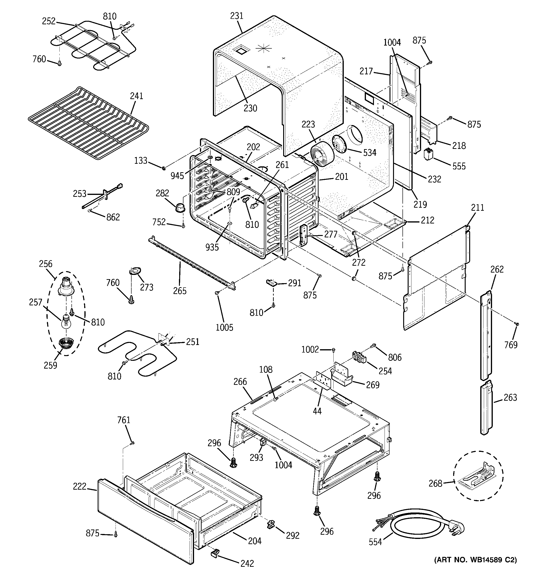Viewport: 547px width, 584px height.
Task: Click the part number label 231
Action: (237, 16)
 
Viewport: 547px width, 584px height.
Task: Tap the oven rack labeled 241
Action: (88, 123)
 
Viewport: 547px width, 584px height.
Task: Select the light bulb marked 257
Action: (66, 322)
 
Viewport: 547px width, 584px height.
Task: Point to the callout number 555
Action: (459, 166)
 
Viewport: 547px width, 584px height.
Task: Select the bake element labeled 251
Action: (138, 353)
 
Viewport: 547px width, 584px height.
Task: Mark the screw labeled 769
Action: (517, 324)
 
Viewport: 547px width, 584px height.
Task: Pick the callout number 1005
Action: (224, 327)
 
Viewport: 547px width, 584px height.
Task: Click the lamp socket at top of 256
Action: (66, 287)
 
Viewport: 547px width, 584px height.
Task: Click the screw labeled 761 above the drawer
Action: (133, 443)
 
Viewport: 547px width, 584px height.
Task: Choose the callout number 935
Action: (212, 247)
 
